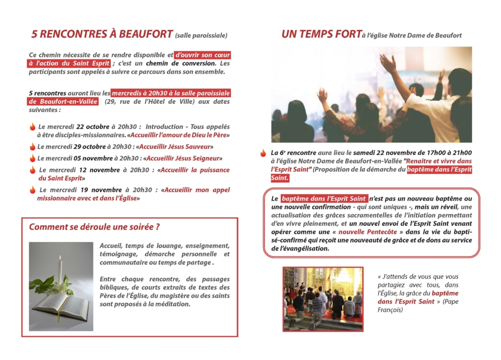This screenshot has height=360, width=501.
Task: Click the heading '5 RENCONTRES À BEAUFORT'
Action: click(x=102, y=34)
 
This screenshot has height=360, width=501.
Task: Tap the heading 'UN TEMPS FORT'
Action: click(x=321, y=34)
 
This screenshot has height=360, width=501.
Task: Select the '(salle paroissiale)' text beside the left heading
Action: click(x=201, y=35)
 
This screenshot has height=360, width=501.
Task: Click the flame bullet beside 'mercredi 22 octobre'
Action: click(x=33, y=127)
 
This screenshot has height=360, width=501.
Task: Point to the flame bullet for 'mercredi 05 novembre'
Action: click(x=33, y=158)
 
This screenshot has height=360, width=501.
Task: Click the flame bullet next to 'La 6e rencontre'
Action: click(x=263, y=153)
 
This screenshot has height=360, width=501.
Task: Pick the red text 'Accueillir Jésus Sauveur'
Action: click(x=175, y=147)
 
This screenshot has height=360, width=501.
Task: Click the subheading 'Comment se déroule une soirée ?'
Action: click(x=94, y=227)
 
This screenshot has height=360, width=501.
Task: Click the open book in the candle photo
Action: click(x=61, y=306)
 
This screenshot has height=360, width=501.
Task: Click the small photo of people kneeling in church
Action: click(x=323, y=299)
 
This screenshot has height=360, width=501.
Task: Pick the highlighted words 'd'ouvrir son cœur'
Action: click(x=202, y=55)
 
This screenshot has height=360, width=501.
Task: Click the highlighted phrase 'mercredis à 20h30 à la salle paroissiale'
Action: click(x=171, y=93)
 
